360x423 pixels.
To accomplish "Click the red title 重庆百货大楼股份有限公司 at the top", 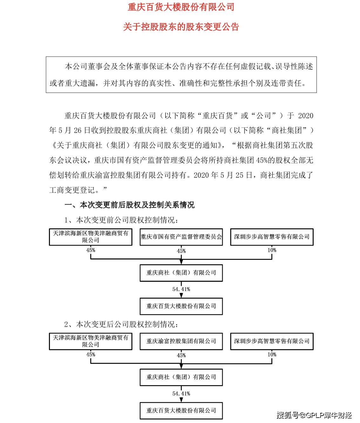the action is click(x=181, y=7).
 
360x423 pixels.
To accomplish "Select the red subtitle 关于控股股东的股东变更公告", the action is click(x=181, y=27).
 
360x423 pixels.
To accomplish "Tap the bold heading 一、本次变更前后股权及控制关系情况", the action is click(x=129, y=205).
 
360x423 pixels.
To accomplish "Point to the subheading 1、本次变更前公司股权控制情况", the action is click(x=121, y=220).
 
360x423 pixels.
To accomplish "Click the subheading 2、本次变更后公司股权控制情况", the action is click(x=121, y=324).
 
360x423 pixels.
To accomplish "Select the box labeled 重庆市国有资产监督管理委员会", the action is click(x=181, y=237).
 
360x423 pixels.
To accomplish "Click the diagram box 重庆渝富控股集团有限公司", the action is click(x=181, y=341).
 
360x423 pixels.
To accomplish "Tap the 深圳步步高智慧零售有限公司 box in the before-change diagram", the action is click(x=272, y=237).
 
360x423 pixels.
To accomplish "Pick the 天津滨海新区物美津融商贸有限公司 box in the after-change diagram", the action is click(x=91, y=341).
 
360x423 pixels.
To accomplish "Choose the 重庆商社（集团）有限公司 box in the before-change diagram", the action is click(x=181, y=273).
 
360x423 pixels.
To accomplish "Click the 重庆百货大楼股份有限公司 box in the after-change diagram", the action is click(x=181, y=411).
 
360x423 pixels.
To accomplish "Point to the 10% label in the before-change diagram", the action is click(x=272, y=250).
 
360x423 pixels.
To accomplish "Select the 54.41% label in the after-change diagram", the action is click(x=181, y=393).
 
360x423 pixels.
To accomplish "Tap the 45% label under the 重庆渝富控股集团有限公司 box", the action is click(x=181, y=355).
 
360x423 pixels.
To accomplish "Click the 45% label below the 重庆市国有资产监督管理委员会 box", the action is click(x=181, y=251).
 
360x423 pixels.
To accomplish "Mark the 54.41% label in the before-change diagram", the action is click(x=181, y=289).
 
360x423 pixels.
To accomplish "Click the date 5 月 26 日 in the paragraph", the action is click(x=74, y=130).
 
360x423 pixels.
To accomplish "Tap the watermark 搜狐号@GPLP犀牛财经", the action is click(x=314, y=415).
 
